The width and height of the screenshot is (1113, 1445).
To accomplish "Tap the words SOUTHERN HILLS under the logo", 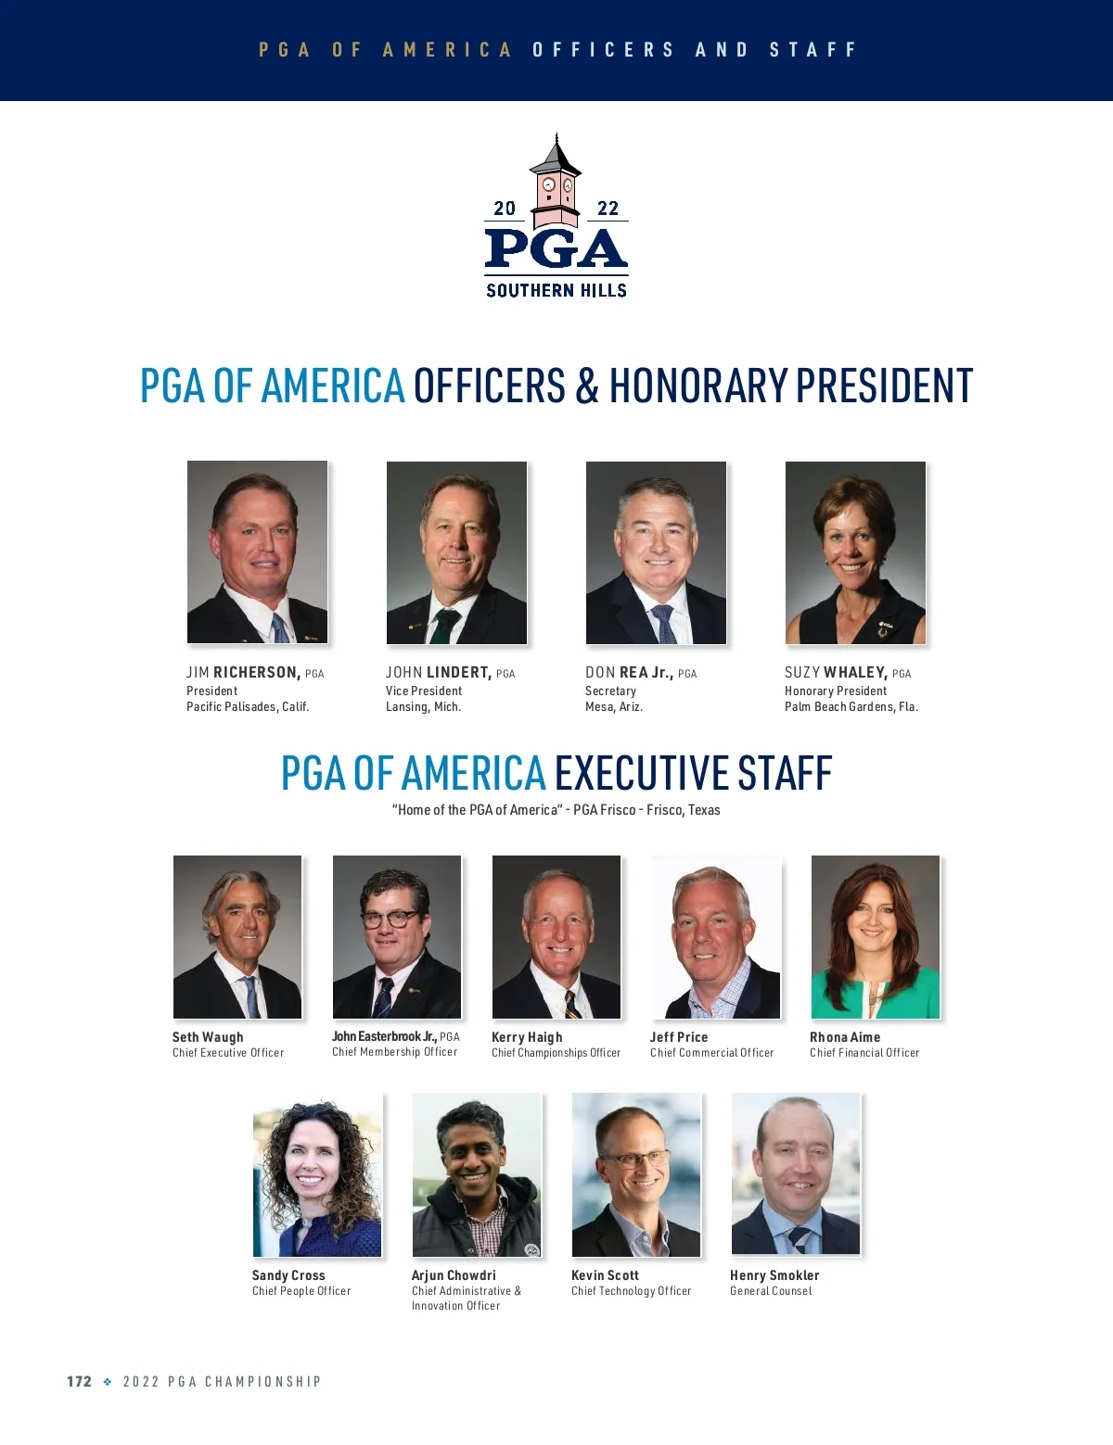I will [x=556, y=290].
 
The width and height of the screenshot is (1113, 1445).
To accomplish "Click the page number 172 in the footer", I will [x=79, y=1381].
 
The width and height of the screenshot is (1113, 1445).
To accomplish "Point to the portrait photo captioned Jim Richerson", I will [x=258, y=552].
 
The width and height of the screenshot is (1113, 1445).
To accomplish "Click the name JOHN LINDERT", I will [x=439, y=673].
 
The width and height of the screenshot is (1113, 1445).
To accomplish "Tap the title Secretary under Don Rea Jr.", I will [x=610, y=691].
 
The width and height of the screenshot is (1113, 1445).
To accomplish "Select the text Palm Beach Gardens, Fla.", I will [x=851, y=706].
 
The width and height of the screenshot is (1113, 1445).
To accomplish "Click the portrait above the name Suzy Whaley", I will [x=855, y=552].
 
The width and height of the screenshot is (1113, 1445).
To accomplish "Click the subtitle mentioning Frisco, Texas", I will [x=556, y=810].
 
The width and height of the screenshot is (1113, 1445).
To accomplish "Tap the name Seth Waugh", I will [x=208, y=1037].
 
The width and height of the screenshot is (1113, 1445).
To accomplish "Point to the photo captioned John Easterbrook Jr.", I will [x=397, y=937].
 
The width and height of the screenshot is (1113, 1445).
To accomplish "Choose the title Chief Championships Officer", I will [x=556, y=1053].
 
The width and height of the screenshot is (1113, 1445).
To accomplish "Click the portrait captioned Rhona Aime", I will [x=876, y=937].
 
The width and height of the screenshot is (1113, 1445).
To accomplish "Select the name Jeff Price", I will [x=679, y=1037].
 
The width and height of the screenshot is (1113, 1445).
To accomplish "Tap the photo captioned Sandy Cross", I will [x=317, y=1175].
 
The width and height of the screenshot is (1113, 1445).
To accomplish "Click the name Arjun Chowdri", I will [x=454, y=1275].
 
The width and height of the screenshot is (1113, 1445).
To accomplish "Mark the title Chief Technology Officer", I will [x=631, y=1291].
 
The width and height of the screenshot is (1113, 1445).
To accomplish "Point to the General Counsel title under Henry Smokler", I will [x=771, y=1291].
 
